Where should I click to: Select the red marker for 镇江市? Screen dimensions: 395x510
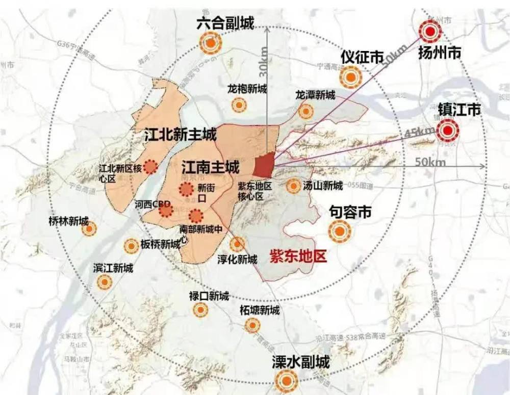(x=447, y=131)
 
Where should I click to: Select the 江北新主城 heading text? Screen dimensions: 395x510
(x=180, y=135)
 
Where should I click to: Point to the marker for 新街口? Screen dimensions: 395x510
(x=185, y=190)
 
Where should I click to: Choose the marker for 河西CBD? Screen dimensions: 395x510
(x=165, y=209)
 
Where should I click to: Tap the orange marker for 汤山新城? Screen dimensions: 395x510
(x=293, y=186)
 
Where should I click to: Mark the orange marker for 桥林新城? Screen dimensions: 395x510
(x=89, y=230)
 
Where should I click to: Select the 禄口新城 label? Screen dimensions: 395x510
(x=209, y=296)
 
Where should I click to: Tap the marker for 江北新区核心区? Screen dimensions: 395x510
(x=150, y=167)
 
